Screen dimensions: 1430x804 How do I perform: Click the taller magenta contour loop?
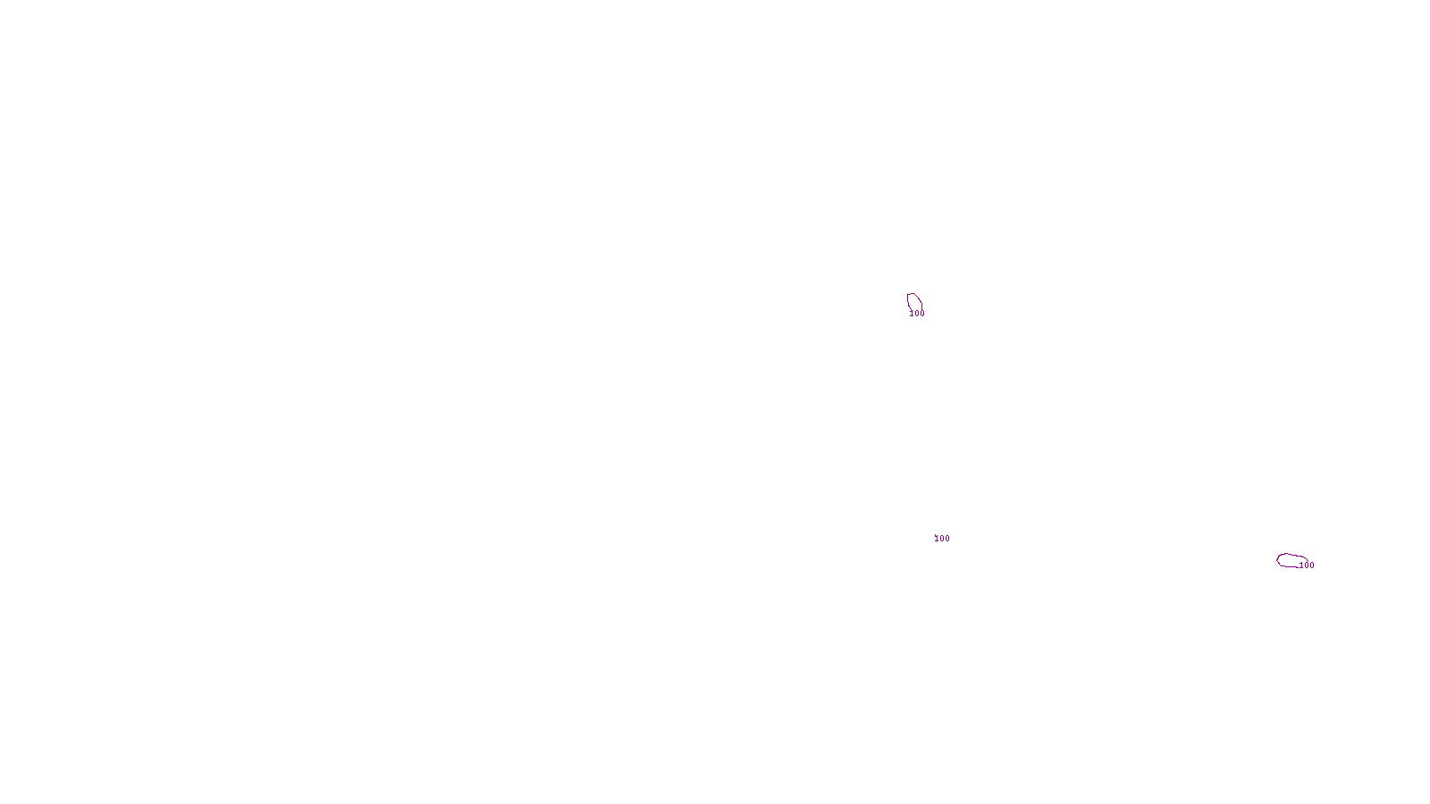914,302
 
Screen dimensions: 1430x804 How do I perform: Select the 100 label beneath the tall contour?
917,314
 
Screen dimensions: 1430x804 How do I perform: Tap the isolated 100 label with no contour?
942,539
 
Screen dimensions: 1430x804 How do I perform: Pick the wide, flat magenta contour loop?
1291,560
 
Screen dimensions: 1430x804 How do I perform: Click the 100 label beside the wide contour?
1307,565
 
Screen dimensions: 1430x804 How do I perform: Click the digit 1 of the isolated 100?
937,539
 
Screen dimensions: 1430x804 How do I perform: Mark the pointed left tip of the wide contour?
1277,560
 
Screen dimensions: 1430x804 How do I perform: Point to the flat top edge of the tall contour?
911,294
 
